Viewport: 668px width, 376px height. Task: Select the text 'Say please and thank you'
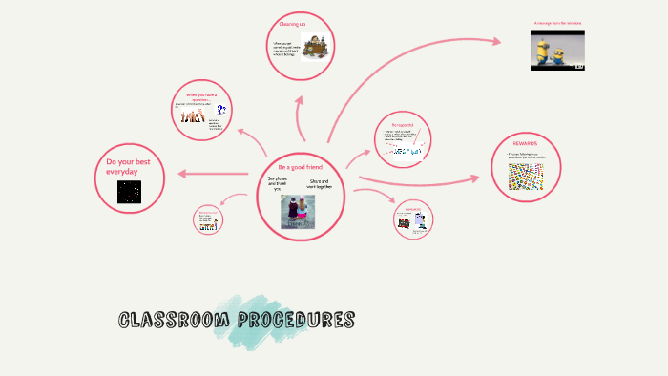(x=277, y=182)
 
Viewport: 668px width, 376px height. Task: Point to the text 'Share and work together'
(x=319, y=183)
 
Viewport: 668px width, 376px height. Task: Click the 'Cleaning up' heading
(x=292, y=22)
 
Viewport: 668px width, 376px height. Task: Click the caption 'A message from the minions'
(x=557, y=23)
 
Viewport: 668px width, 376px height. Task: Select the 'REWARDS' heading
(x=524, y=143)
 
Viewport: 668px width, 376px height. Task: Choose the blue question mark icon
(x=221, y=110)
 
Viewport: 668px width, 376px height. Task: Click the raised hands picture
(x=191, y=116)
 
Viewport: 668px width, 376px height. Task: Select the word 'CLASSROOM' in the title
(x=170, y=319)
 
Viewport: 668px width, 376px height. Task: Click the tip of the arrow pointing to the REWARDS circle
(x=479, y=178)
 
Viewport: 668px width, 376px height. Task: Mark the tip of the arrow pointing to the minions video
(x=500, y=40)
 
